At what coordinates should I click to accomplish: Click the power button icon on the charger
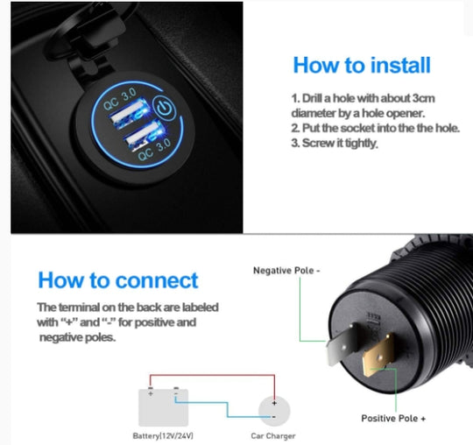(x=165, y=108)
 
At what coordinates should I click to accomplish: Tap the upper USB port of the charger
(x=131, y=111)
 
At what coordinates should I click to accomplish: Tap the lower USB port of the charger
(x=145, y=136)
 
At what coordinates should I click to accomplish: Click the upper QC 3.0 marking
(x=120, y=99)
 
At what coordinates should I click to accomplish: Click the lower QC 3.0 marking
(x=154, y=150)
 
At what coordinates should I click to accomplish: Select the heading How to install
(x=362, y=65)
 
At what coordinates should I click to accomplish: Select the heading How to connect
(x=118, y=280)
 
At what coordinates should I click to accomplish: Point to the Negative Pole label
(x=286, y=271)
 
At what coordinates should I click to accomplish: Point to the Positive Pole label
(x=393, y=418)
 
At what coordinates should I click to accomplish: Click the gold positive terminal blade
(x=378, y=355)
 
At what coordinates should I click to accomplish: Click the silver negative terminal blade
(x=342, y=344)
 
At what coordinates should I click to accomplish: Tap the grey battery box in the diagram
(x=163, y=407)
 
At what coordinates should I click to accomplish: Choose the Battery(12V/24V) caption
(x=163, y=435)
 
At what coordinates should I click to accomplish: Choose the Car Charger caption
(x=273, y=436)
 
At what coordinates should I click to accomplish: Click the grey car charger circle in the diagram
(x=274, y=411)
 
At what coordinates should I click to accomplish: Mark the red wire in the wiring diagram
(x=212, y=375)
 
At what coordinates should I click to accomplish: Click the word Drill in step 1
(x=312, y=98)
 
